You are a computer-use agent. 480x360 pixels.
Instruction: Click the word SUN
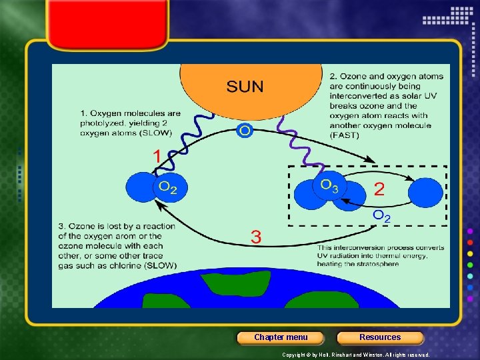click(245, 86)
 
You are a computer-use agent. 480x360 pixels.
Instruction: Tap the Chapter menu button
click(281, 337)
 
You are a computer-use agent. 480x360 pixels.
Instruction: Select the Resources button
click(380, 337)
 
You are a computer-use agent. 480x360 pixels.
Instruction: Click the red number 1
click(157, 157)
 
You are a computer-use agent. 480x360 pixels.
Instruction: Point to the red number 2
click(379, 189)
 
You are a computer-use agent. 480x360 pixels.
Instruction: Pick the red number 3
click(256, 236)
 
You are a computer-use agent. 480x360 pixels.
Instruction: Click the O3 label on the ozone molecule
click(329, 185)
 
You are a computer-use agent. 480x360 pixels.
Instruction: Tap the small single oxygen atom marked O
click(245, 131)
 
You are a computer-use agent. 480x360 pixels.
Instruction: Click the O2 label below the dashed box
click(382, 215)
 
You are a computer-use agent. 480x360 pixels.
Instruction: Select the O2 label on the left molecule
click(168, 187)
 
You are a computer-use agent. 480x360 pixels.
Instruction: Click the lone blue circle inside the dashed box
click(425, 193)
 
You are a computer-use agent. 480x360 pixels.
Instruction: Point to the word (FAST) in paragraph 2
click(344, 135)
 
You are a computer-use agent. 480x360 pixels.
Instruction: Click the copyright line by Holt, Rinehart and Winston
click(356, 355)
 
